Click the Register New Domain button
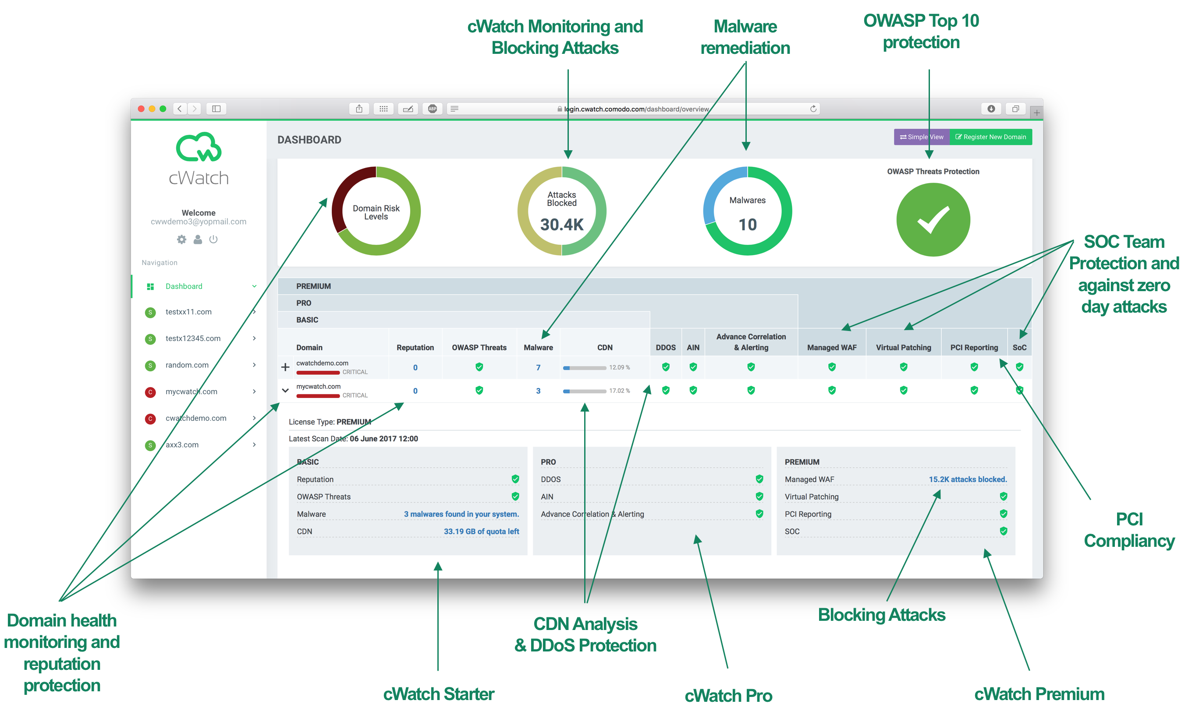(990, 137)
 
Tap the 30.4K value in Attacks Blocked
(561, 224)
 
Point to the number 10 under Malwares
(747, 224)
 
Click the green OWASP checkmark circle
(933, 219)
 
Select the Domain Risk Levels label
(376, 212)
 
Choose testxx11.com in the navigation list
(188, 312)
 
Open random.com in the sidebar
(187, 365)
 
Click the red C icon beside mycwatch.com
(150, 392)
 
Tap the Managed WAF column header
(831, 347)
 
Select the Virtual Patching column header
(903, 347)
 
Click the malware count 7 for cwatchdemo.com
(538, 367)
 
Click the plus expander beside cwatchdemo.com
(285, 367)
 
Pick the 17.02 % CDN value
(620, 391)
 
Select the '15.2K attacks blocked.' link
(968, 479)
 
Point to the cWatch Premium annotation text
(1039, 694)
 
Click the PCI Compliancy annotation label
(1129, 530)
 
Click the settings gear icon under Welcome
(182, 239)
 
